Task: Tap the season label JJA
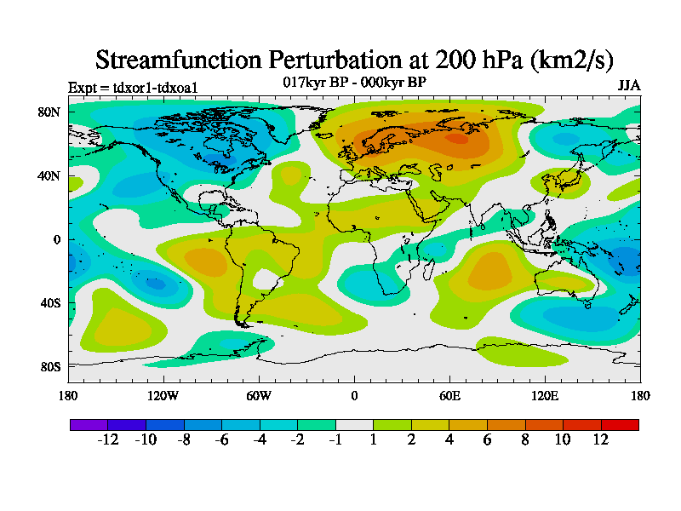point(628,86)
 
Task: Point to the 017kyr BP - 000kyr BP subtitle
point(354,82)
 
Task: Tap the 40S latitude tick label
point(49,302)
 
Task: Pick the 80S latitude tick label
point(49,366)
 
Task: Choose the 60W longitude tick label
point(259,395)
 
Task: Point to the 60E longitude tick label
point(449,395)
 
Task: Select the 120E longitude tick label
point(545,395)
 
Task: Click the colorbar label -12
point(107,439)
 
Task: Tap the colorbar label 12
point(601,439)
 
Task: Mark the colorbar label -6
point(221,439)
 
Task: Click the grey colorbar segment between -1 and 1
point(354,424)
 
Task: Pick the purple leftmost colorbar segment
point(89,424)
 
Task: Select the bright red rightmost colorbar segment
point(620,424)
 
